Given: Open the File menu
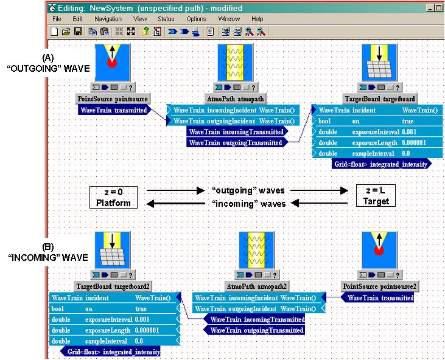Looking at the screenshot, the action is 57,19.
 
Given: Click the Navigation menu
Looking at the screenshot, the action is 108,19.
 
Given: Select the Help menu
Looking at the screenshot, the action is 257,19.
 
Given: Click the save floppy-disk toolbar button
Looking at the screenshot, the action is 78,32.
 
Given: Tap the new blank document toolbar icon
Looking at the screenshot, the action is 54,32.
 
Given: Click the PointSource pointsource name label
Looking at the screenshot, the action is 113,99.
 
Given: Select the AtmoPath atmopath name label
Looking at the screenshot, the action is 236,99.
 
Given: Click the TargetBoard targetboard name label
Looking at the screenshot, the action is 380,99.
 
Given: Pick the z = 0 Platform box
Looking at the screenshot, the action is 113,197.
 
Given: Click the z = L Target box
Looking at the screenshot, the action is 376,196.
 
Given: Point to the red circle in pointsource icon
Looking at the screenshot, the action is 112,63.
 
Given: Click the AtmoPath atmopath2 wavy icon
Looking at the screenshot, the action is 256,250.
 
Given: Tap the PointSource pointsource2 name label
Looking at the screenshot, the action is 380,286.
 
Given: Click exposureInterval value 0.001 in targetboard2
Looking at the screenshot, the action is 142,319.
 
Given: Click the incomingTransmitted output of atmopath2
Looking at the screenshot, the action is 254,319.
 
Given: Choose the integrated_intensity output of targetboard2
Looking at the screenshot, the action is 110,351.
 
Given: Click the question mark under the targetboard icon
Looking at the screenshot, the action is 398,88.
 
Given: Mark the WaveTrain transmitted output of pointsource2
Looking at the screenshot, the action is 377,298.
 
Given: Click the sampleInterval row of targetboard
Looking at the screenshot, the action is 377,153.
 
